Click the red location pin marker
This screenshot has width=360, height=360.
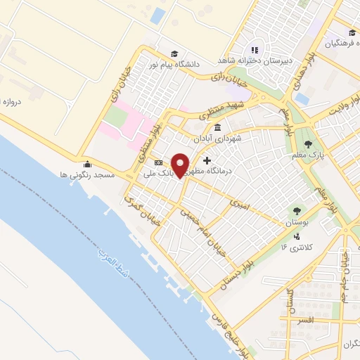click(181, 164)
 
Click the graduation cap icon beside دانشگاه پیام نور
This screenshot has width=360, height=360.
click(174, 53)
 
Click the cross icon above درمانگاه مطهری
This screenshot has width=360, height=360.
click(206, 161)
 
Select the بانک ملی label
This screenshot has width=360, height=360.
click(160, 172)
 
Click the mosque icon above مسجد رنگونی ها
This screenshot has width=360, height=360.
click(86, 164)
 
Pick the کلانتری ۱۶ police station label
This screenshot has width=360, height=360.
click(293, 246)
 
